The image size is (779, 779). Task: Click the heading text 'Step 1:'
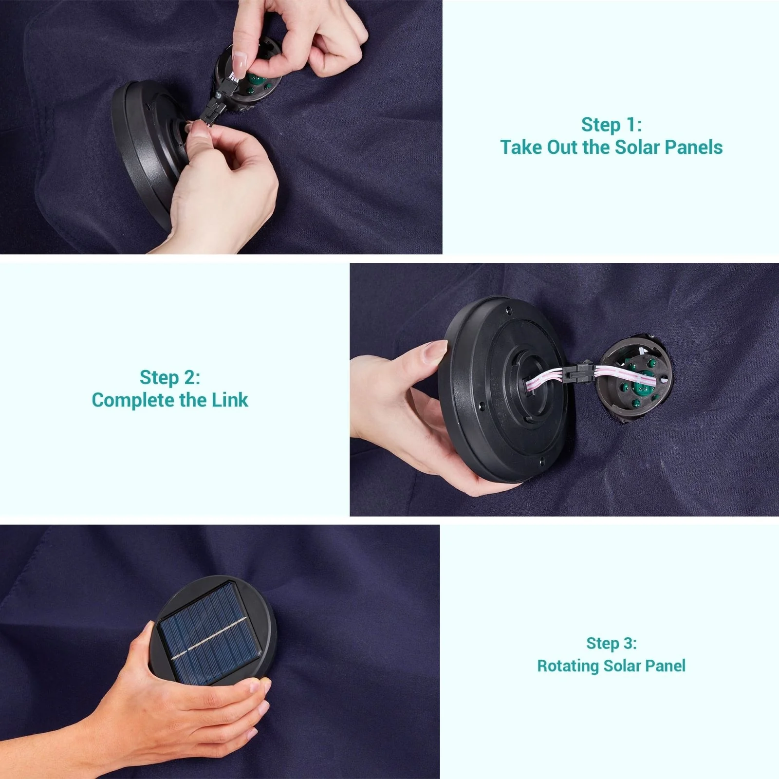pos(612,125)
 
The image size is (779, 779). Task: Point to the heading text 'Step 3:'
pos(612,643)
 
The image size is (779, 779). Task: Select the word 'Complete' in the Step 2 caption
pos(133,400)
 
